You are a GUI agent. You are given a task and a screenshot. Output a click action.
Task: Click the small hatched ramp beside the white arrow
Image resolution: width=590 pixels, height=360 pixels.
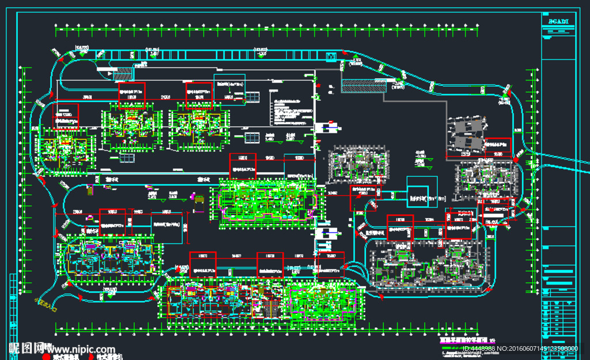pyautogui.click(x=122, y=73)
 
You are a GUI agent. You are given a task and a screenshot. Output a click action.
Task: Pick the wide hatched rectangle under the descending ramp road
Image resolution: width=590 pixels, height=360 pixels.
pyautogui.click(x=357, y=85)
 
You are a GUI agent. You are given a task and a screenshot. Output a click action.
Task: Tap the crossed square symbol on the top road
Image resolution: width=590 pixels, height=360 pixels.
pyautogui.click(x=331, y=56)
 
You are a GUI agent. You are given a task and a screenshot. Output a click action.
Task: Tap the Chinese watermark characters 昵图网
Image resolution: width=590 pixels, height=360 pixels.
pyautogui.click(x=27, y=348)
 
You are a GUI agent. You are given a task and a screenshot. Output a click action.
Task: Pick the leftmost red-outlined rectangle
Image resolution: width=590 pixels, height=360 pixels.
pyautogui.click(x=66, y=116)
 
